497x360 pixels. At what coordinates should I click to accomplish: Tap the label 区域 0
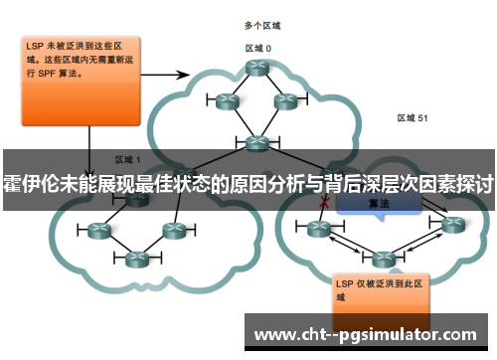click(258, 47)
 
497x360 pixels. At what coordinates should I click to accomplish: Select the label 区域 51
click(413, 117)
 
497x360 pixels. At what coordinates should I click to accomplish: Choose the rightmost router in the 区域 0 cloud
click(285, 100)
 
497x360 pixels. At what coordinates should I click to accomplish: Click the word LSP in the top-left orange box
click(35, 46)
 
